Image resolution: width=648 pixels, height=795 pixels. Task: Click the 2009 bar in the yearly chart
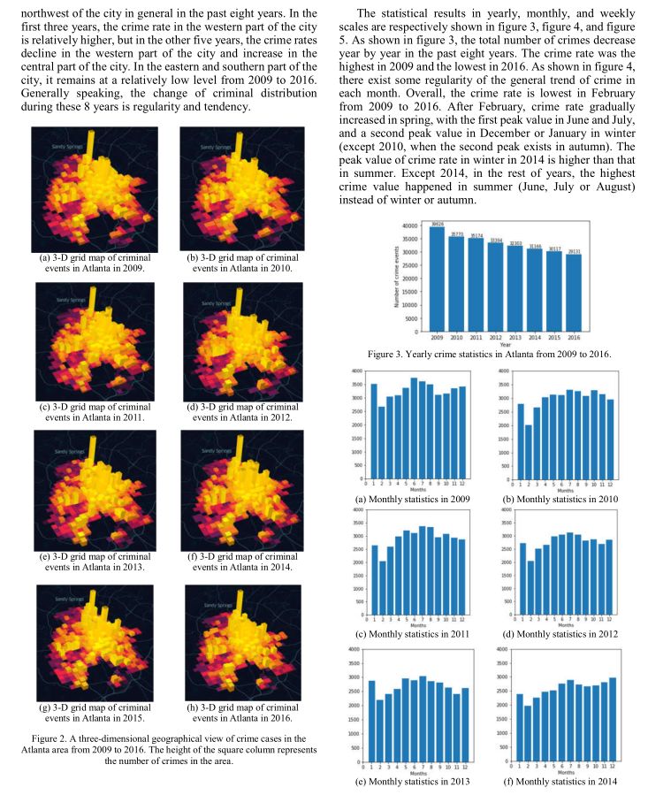pyautogui.click(x=438, y=279)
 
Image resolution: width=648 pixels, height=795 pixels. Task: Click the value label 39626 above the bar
pyautogui.click(x=438, y=226)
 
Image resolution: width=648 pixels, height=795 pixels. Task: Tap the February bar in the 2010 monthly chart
pyautogui.click(x=528, y=451)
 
